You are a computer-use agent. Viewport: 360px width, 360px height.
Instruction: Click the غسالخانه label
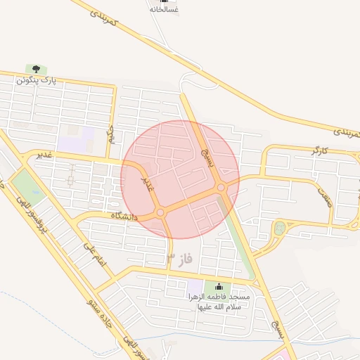pos(164,10)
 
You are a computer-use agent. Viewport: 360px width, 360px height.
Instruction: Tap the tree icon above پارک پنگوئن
pos(33,70)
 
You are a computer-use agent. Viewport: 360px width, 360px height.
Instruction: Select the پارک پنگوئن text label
pos(35,81)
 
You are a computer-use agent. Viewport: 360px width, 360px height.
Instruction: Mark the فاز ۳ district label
pos(180,259)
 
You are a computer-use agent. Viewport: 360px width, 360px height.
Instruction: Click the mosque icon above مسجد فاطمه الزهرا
pos(218,287)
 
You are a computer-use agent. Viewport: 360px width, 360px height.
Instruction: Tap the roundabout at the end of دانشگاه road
pos(161,212)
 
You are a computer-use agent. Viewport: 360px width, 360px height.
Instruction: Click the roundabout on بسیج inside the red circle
pos(221,187)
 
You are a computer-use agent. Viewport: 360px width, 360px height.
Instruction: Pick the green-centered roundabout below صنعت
pos(281,227)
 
